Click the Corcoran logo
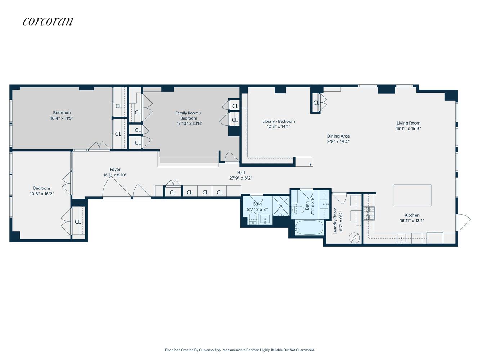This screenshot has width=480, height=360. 48,22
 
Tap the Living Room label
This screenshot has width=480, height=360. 408,123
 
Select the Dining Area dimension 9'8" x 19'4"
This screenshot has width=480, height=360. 338,141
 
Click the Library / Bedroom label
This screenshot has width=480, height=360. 278,121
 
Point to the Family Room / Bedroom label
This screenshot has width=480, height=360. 188,116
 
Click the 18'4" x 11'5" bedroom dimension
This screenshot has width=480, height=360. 62,118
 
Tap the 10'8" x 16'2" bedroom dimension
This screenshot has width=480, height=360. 42,194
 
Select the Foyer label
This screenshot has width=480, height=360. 115,170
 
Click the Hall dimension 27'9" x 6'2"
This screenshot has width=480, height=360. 241,178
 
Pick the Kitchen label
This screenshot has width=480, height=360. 412,215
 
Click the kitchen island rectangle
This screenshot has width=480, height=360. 412,195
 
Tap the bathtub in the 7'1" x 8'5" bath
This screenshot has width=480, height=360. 309,228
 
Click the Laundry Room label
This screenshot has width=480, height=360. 335,221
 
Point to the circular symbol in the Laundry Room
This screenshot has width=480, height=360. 354,238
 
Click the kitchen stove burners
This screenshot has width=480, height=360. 369,213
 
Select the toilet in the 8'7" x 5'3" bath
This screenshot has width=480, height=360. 252,217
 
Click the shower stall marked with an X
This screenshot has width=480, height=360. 281,206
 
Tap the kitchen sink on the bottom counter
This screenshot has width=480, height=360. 401,238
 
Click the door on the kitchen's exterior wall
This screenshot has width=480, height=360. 463,222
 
